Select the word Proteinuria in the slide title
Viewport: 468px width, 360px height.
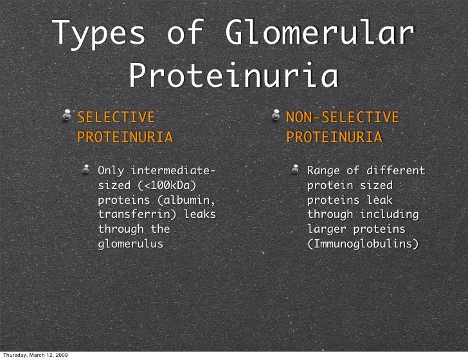[x=233, y=76]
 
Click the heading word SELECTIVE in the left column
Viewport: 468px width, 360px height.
[x=116, y=118]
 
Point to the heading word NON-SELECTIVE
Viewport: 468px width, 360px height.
[x=343, y=118]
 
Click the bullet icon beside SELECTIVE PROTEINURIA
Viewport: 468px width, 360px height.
[x=67, y=116]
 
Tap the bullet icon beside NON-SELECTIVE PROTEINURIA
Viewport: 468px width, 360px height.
[x=276, y=116]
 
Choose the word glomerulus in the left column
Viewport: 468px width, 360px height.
[x=130, y=244]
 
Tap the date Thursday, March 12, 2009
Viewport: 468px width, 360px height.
[x=36, y=354]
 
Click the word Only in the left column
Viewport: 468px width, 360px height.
[x=111, y=171]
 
